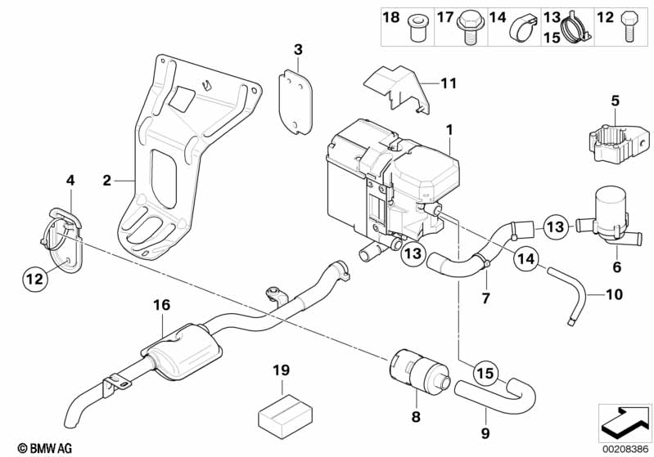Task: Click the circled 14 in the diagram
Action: click(x=525, y=259)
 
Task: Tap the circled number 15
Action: click(x=485, y=373)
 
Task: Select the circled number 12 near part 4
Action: click(x=34, y=280)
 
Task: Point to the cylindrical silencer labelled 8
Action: click(x=417, y=369)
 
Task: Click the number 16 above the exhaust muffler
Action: click(x=161, y=304)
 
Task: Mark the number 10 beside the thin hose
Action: click(x=614, y=293)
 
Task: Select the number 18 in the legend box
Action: click(x=391, y=16)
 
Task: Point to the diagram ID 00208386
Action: click(x=624, y=447)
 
